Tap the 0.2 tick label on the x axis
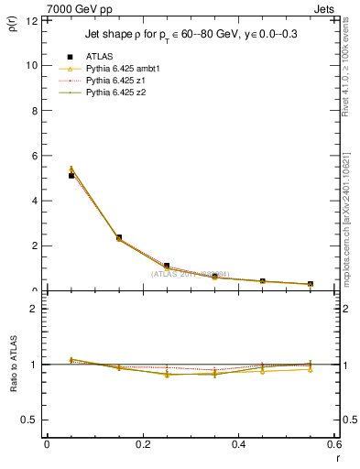(143, 444)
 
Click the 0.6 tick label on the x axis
(335, 444)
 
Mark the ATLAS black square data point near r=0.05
(71, 175)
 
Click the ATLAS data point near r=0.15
(119, 237)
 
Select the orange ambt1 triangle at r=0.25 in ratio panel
(167, 375)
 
